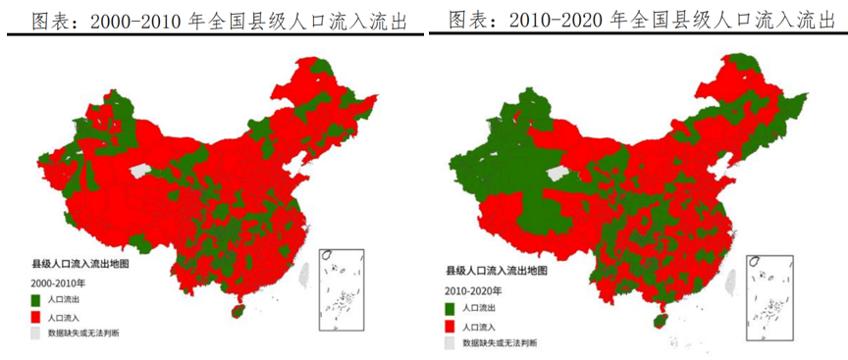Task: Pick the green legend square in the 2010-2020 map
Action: (x=450, y=308)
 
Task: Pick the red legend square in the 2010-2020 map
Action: (x=450, y=326)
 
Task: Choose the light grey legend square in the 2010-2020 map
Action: (x=450, y=343)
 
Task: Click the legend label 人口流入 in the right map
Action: (x=480, y=326)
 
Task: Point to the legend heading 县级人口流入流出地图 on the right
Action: (x=492, y=270)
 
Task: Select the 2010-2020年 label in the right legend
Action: (x=473, y=291)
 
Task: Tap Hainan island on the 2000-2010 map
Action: (x=236, y=310)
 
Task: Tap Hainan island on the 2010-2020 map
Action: (x=658, y=321)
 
